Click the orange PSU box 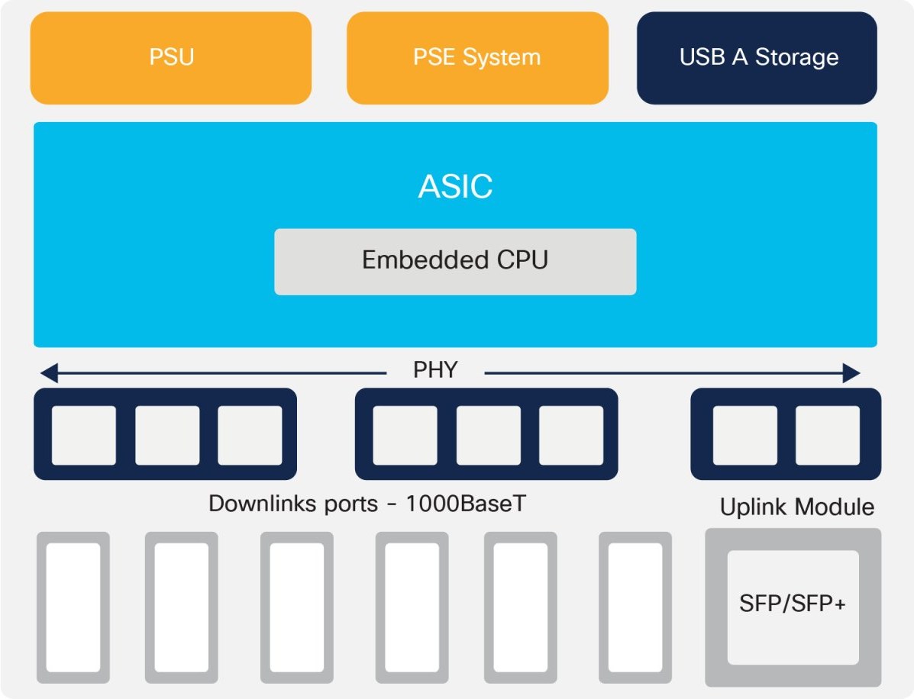point(171,58)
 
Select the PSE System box point(477,58)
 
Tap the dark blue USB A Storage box point(757,58)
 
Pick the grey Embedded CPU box point(455,261)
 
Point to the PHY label point(435,372)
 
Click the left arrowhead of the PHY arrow point(49,373)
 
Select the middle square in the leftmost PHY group point(167,435)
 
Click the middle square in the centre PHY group point(489,435)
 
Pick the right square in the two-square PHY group point(828,435)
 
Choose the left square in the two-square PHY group point(744,435)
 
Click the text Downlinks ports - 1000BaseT point(367,504)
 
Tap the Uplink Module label point(796,507)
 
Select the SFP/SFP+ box point(793,607)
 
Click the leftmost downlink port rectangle point(73,607)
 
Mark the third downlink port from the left point(296,607)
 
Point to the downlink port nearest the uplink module point(635,607)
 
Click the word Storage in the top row point(796,58)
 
